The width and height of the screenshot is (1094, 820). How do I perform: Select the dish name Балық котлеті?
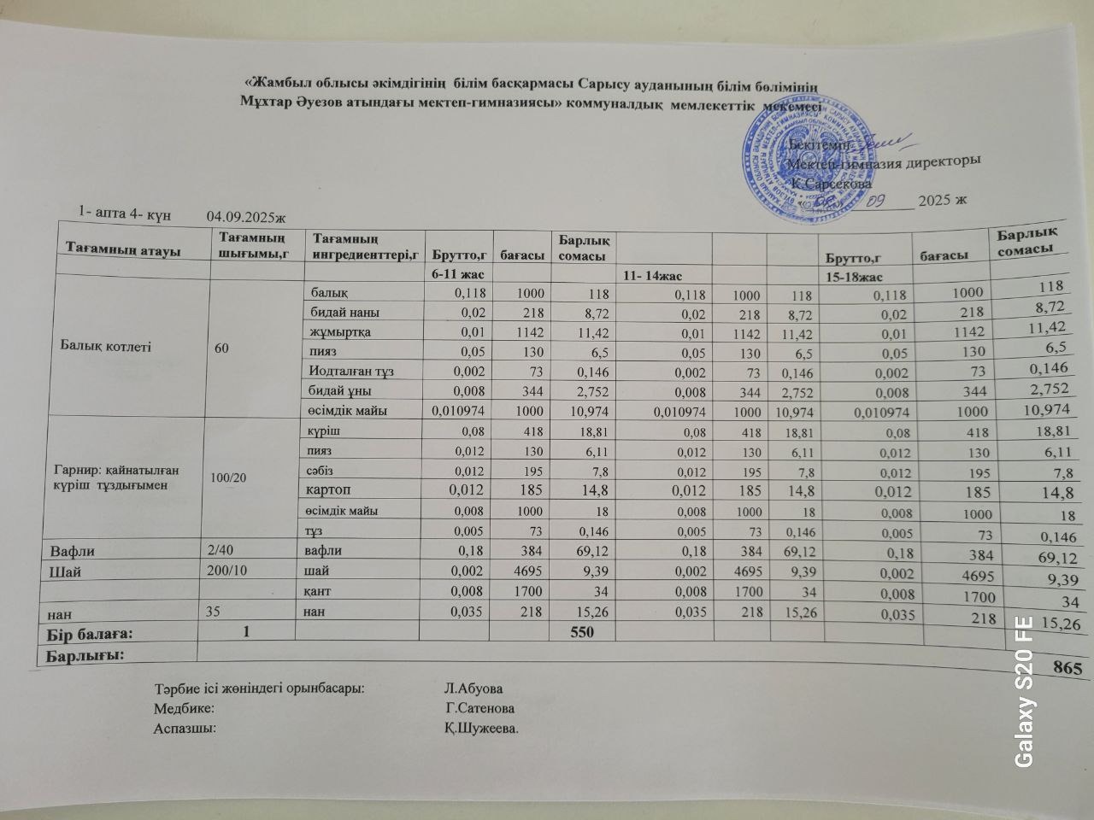click(106, 347)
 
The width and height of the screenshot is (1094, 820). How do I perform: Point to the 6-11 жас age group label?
click(454, 275)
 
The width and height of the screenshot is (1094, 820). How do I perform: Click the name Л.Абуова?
click(473, 688)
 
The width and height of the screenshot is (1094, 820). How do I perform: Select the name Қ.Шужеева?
click(481, 729)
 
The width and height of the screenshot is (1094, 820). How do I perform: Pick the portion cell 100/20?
click(229, 477)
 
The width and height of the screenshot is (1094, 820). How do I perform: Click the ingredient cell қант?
click(321, 591)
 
